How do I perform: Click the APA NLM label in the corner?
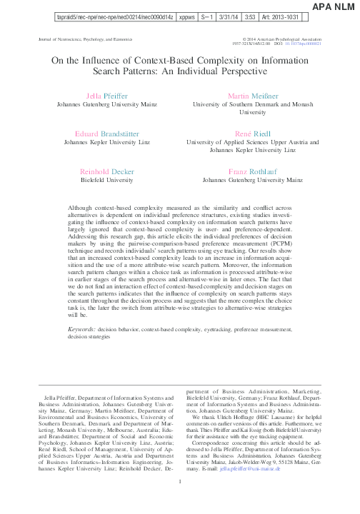coord(335,6)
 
